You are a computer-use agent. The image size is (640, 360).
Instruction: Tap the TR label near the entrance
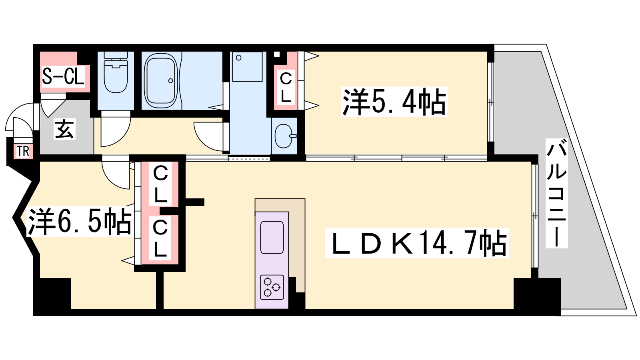(x=23, y=151)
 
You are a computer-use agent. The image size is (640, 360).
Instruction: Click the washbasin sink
(x=285, y=136)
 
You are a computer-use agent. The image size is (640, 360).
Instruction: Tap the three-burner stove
(x=272, y=287)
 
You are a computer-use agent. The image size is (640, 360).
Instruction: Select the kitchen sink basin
(x=272, y=237)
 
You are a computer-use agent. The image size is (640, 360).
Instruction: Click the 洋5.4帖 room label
(x=394, y=102)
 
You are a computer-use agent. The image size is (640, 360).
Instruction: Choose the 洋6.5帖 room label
(x=80, y=222)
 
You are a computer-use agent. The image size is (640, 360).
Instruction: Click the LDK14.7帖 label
(x=416, y=243)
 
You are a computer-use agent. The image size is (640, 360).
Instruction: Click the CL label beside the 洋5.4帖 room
(x=286, y=88)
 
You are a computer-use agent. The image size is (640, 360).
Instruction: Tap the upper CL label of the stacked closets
(x=160, y=184)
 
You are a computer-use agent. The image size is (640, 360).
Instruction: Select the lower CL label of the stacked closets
(x=160, y=239)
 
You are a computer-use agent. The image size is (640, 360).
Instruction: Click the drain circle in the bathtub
(x=170, y=80)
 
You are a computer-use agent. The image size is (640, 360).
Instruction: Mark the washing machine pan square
(x=247, y=66)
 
